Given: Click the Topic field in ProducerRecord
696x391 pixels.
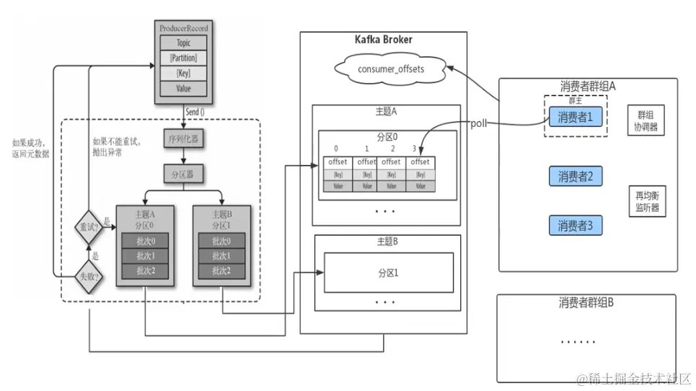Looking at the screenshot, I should click(x=183, y=43).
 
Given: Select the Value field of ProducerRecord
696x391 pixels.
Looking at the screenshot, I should click(x=183, y=89).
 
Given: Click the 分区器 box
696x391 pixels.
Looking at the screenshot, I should click(x=183, y=174).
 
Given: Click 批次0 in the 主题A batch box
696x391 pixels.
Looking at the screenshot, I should click(x=144, y=241).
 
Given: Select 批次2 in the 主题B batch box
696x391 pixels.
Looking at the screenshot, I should click(x=221, y=271).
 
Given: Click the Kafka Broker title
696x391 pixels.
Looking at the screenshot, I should click(x=384, y=40).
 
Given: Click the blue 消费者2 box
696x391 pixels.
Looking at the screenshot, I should click(x=575, y=175).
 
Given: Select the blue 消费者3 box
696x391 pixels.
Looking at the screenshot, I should click(x=575, y=226).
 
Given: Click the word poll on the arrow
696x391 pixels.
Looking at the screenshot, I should click(x=479, y=123).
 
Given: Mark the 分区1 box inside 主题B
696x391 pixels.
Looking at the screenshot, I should click(x=388, y=273).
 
